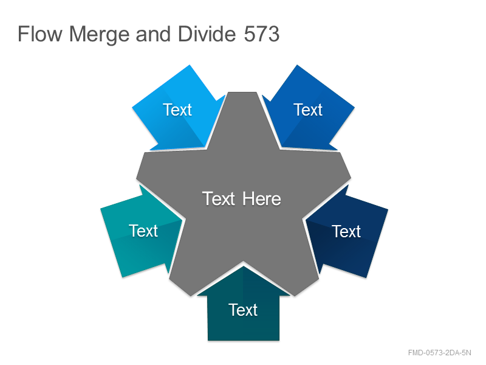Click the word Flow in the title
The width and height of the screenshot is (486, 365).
(40, 33)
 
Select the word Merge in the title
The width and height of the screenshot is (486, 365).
(99, 35)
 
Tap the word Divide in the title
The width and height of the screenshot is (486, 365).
(207, 33)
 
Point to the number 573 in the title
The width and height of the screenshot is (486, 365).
(262, 33)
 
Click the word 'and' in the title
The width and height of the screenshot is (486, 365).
(153, 33)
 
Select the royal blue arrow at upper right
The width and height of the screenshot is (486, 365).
(309, 109)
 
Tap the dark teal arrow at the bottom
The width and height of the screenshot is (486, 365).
(244, 307)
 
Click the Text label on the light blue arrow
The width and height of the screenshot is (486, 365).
(177, 109)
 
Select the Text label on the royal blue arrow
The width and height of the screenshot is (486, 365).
(308, 109)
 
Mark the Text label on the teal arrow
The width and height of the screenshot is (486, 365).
(143, 231)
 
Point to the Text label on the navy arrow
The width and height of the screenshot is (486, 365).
(346, 231)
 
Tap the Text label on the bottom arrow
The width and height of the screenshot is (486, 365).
(243, 310)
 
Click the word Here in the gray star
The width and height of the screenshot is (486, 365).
(262, 198)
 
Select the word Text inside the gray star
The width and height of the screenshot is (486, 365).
(219, 198)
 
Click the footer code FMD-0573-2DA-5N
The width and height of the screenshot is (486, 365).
(439, 353)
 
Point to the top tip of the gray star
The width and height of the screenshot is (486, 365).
(242, 92)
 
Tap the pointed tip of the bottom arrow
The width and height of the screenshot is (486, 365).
(244, 266)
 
